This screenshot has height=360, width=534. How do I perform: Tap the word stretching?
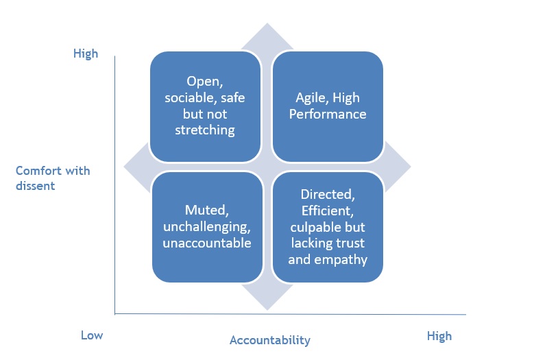point(205,130)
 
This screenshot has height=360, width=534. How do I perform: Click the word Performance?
point(328,114)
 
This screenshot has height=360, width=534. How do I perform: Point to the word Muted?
point(207,210)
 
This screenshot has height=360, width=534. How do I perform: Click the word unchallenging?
point(207,227)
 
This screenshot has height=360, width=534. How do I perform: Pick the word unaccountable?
point(207,243)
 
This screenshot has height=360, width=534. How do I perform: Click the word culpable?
point(313,227)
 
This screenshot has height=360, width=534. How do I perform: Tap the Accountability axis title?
point(270,340)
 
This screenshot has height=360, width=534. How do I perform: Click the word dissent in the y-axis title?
point(36,186)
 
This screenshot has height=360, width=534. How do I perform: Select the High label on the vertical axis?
point(86,53)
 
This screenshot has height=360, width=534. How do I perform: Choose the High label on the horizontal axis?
point(439,336)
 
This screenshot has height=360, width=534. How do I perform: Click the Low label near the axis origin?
point(92,335)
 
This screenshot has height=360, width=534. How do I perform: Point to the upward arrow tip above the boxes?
point(267,23)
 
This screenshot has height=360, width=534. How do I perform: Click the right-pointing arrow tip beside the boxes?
point(411,167)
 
